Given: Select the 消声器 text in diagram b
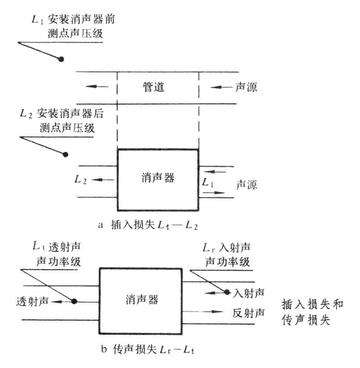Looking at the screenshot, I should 142,299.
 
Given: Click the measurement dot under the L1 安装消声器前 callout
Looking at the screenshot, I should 62,58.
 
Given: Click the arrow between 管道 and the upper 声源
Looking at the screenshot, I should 220,86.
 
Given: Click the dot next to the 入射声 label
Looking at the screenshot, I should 227,292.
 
